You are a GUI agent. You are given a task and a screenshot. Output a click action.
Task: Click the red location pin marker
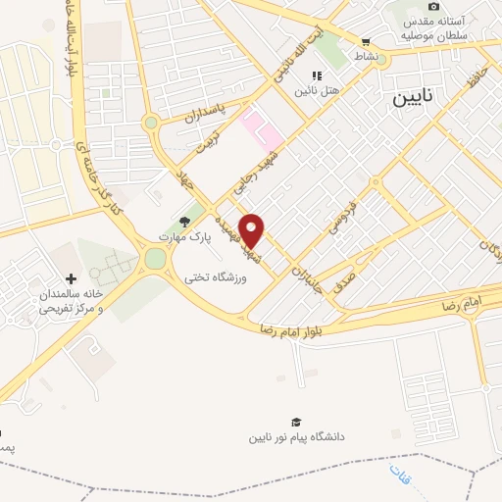coord(252,231)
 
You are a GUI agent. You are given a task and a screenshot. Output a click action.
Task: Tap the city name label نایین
coord(418,98)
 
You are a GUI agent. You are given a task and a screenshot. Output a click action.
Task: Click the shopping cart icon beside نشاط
coord(366,42)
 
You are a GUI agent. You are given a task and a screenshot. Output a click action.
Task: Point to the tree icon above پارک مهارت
coord(183,221)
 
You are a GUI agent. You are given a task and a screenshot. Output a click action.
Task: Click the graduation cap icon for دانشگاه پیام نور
coord(310,421)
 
